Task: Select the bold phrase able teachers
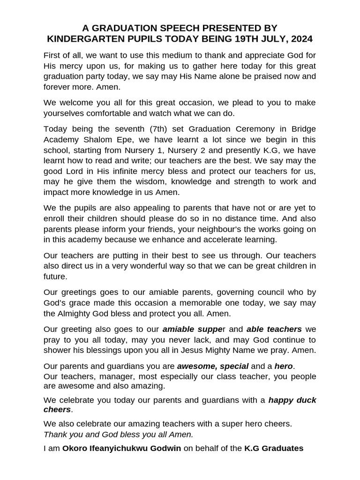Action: click(x=274, y=329)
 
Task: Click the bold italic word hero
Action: click(x=284, y=366)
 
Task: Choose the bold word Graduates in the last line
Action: click(x=282, y=448)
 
